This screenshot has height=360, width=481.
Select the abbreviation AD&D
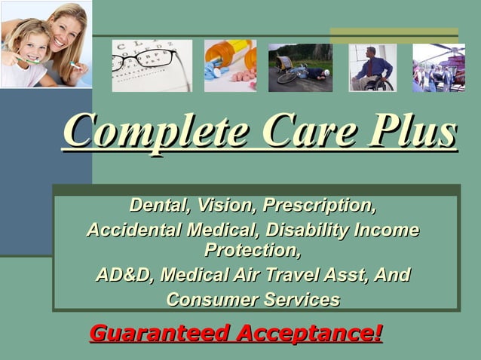pyautogui.click(x=124, y=275)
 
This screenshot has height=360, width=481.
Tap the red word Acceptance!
pyautogui.click(x=309, y=332)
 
